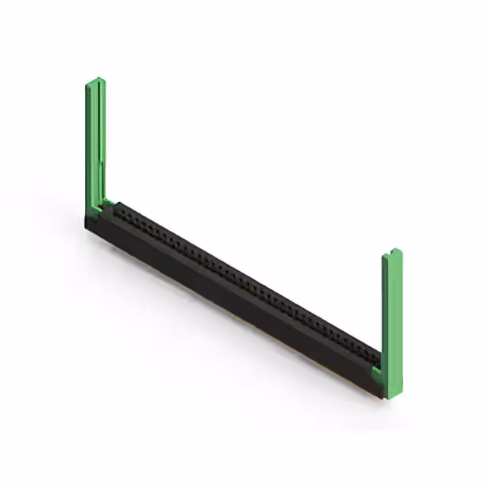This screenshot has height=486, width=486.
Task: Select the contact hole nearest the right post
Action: pyautogui.click(x=371, y=354)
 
